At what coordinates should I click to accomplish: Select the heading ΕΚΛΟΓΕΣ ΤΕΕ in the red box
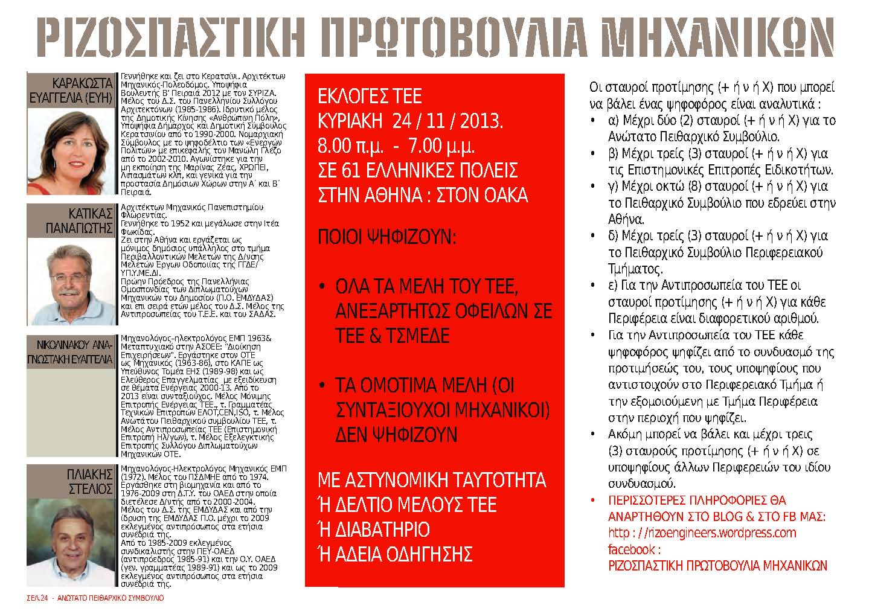tap(370, 97)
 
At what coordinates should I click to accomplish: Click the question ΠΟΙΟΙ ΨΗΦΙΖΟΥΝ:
tap(386, 237)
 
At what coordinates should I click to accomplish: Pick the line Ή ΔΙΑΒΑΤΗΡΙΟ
tap(374, 529)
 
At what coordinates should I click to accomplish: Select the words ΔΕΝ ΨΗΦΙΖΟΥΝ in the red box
tap(396, 435)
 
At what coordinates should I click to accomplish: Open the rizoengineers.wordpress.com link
tap(702, 533)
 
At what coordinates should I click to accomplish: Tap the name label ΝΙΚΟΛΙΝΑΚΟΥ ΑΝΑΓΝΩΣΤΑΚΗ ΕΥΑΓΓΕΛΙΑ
tap(70, 352)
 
